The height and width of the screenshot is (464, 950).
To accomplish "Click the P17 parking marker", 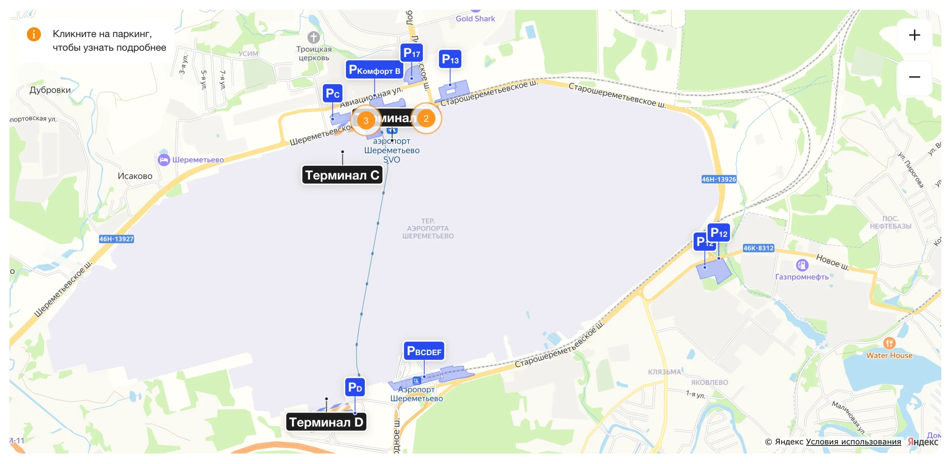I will pyautogui.click(x=411, y=53).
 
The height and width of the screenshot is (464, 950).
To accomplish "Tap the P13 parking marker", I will pyautogui.click(x=450, y=59).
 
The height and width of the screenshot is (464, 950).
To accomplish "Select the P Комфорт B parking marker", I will pyautogui.click(x=374, y=70).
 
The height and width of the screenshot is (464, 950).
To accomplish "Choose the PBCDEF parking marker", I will pyautogui.click(x=424, y=351).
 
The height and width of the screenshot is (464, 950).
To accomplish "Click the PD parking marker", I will pyautogui.click(x=355, y=388).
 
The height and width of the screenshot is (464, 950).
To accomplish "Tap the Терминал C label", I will pyautogui.click(x=342, y=175).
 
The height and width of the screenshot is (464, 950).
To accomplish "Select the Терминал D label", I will pyautogui.click(x=326, y=422).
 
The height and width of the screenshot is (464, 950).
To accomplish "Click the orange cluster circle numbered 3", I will pyautogui.click(x=366, y=120).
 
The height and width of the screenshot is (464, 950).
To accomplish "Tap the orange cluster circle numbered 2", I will pyautogui.click(x=426, y=118).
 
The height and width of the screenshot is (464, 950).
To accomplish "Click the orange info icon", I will pyautogui.click(x=34, y=34).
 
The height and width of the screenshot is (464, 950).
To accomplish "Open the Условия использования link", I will pyautogui.click(x=853, y=442).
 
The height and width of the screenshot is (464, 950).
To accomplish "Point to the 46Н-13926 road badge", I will pyautogui.click(x=718, y=179).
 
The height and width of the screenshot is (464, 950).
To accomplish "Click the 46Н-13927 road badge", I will pyautogui.click(x=116, y=239).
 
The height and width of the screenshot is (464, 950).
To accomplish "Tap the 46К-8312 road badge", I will pyautogui.click(x=758, y=248).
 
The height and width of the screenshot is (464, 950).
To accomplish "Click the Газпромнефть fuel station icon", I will pyautogui.click(x=802, y=265).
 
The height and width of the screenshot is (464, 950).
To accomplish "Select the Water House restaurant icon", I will pyautogui.click(x=889, y=343).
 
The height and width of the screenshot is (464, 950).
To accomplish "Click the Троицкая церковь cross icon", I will pyautogui.click(x=314, y=37).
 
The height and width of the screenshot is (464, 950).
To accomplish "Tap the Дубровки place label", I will pyautogui.click(x=50, y=90).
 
